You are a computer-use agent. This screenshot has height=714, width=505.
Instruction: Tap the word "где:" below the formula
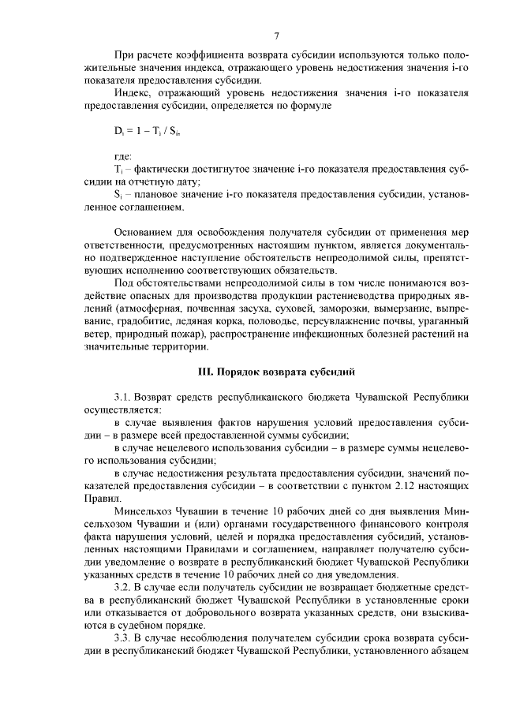123,158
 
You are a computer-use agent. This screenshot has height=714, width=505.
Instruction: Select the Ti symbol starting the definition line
119,170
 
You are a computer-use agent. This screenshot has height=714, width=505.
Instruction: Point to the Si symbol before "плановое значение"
118,194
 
